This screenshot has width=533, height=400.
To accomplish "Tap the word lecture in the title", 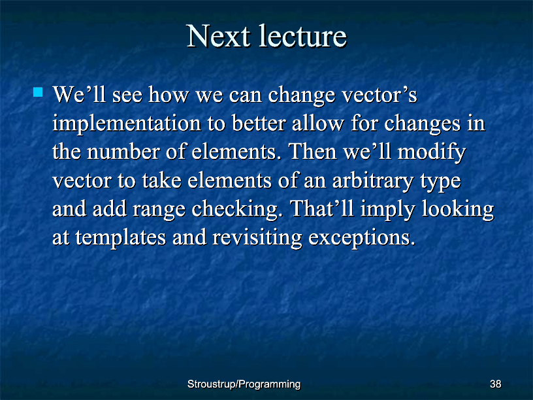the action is click(x=303, y=35).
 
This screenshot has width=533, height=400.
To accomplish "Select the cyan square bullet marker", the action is click(x=38, y=92).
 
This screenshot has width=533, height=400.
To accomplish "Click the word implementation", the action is click(x=127, y=124).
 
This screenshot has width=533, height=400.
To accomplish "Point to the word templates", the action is click(x=120, y=238).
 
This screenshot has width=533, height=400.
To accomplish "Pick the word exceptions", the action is click(x=362, y=238).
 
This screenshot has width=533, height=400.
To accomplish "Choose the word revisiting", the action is click(x=257, y=238).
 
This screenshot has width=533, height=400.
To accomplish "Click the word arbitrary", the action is click(x=372, y=181).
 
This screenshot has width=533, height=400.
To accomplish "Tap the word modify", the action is click(x=431, y=152).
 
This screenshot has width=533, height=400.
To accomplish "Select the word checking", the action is click(x=237, y=209).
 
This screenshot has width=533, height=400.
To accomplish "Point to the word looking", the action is click(x=457, y=209).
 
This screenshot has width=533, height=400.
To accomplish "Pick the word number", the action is click(x=123, y=152).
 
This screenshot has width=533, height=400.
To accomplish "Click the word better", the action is click(x=259, y=123).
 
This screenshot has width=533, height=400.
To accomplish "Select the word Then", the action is click(x=312, y=152).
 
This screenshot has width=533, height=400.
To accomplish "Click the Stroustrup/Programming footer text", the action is click(x=244, y=384).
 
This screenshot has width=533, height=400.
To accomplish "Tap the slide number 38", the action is click(x=495, y=384).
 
